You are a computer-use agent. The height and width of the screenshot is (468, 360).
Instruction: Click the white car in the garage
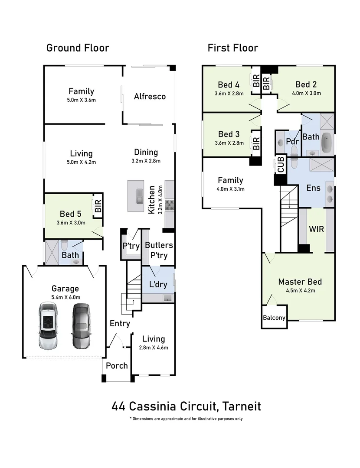(48, 326)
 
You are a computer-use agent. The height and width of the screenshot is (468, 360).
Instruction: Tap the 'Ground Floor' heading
(78, 48)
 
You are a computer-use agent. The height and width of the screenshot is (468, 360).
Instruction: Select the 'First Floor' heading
(232, 48)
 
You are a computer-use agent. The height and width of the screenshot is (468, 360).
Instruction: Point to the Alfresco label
(150, 96)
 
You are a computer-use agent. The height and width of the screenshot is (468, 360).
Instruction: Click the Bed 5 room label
(70, 214)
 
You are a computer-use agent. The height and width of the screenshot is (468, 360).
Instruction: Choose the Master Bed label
(300, 282)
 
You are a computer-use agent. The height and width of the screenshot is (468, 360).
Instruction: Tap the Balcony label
(274, 318)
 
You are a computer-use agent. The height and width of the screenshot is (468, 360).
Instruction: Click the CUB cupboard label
(281, 166)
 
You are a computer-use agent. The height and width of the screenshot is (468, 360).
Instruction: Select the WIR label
(316, 229)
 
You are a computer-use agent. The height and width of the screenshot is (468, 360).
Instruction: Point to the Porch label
(117, 365)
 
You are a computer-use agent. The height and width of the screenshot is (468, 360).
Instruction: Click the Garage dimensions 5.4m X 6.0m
(65, 297)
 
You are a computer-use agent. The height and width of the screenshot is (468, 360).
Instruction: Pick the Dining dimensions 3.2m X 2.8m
(146, 161)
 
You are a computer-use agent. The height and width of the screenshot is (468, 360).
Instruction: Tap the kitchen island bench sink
(138, 195)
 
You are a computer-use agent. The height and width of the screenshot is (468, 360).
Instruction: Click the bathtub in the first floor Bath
(327, 143)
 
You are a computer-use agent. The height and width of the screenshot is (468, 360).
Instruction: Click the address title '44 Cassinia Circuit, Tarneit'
(186, 406)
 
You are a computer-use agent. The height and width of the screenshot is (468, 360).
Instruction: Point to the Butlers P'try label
(159, 250)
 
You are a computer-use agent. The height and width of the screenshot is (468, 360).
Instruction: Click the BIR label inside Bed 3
(256, 143)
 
